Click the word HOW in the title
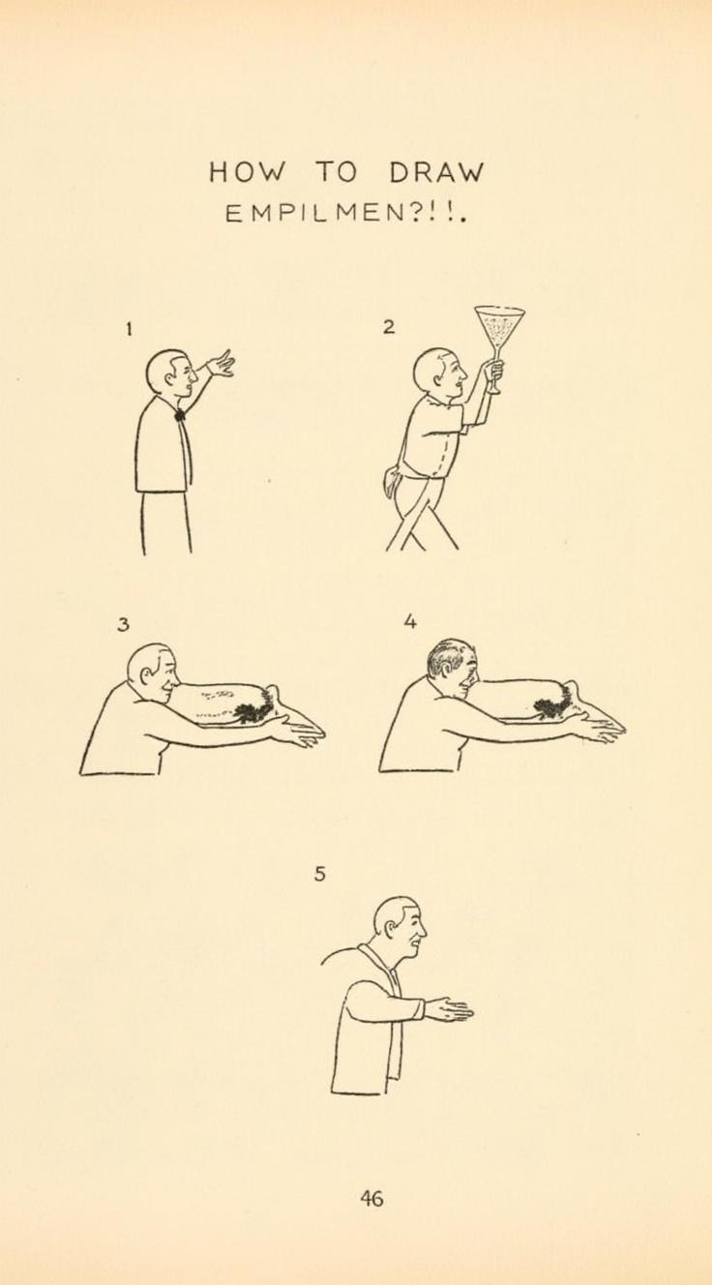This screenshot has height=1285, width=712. [246, 172]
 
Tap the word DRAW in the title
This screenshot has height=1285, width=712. [436, 172]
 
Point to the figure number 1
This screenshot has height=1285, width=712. [130, 329]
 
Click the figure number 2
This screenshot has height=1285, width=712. [390, 328]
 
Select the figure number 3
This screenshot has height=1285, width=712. [123, 624]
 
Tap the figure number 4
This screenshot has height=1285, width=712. [409, 622]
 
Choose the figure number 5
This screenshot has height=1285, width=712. [319, 875]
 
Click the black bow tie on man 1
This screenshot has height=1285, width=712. [180, 414]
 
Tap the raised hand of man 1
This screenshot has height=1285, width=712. [221, 364]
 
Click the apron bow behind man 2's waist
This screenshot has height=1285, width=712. [392, 481]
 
